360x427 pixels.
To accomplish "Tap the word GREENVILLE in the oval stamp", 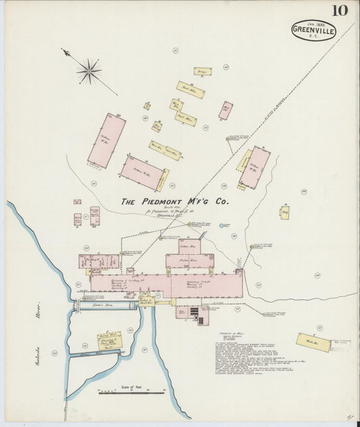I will point(313,31).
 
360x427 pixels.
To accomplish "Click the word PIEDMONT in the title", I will point(172,201).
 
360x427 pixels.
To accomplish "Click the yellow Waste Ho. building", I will point(311,343).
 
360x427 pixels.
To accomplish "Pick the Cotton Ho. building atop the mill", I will point(190,247).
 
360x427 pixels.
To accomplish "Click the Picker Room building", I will point(190,260).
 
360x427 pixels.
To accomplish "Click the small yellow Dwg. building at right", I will point(285,213).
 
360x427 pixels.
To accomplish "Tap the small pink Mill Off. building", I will point(226,109).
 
